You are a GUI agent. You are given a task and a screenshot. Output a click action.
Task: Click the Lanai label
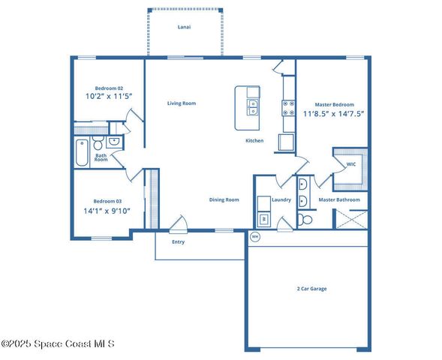[x=184, y=27]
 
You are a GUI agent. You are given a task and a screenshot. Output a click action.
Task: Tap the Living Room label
[x=181, y=103]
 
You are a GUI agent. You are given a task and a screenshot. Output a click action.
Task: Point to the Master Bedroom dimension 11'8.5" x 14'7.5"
[x=333, y=114]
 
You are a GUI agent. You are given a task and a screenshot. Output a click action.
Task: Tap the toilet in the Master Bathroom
[x=305, y=219]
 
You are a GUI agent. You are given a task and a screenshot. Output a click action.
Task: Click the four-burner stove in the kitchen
[x=287, y=109]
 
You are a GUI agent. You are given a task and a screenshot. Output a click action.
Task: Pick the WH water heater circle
[x=254, y=237]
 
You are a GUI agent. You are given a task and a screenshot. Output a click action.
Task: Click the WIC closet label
[x=350, y=164]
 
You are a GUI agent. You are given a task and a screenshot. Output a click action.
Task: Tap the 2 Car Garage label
[x=311, y=289]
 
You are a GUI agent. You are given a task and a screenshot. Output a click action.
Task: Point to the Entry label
[x=178, y=242]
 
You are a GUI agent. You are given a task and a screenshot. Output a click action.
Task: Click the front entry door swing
[x=178, y=223]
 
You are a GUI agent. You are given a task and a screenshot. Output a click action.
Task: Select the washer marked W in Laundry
[x=263, y=219]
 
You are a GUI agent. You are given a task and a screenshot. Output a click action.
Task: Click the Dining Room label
[x=224, y=199]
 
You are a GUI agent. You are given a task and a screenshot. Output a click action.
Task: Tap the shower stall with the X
[x=350, y=218]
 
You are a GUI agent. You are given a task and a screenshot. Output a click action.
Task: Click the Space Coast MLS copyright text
[x=58, y=344]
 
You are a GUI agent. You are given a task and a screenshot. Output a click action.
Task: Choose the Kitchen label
[x=254, y=141]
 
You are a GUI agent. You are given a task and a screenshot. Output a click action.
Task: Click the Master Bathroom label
[x=339, y=200]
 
